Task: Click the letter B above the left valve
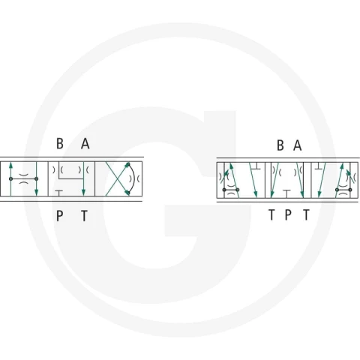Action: point(60,143)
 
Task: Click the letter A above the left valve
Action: point(85,144)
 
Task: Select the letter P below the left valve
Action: point(59,216)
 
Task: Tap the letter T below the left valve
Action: point(85,216)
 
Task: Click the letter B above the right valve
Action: point(280,145)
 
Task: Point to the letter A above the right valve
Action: point(297,145)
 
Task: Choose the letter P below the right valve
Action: point(288,214)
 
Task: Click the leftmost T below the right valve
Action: point(271,214)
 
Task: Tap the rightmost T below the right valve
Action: point(306,214)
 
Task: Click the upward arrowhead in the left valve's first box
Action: point(10,165)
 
